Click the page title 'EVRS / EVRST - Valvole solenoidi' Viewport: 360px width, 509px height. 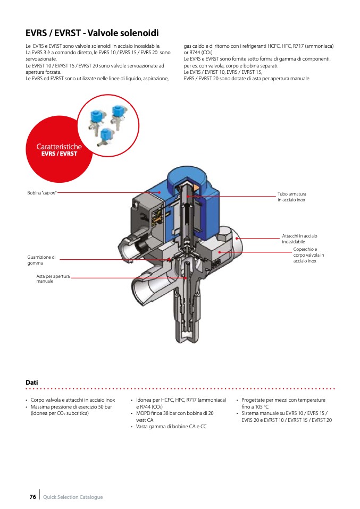(92, 33)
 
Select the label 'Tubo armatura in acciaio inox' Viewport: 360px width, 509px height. (292, 197)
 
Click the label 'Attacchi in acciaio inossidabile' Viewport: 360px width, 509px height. (299, 239)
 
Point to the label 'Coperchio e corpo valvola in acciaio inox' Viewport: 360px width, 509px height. (305, 255)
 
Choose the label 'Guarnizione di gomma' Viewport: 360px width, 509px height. (41, 260)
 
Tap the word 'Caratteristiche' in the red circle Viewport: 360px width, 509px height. (59, 146)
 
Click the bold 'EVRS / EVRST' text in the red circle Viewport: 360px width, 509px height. (59, 154)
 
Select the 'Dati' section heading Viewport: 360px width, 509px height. (32, 383)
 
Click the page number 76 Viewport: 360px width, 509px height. (32, 497)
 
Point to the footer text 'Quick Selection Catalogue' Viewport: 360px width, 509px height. (73, 497)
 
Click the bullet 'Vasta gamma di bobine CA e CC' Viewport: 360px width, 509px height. (171, 427)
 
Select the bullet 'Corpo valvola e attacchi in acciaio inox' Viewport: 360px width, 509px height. (73, 400)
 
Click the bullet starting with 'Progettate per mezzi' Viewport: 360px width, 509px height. (283, 403)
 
